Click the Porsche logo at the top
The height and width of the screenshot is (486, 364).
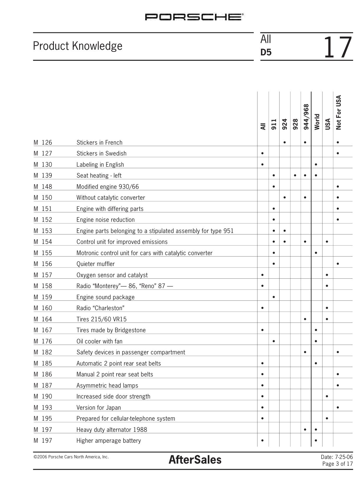coord(194,17)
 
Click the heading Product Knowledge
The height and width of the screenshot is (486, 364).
coord(78,46)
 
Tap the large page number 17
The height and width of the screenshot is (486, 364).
coord(338,47)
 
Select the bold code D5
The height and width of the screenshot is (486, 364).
coord(266,52)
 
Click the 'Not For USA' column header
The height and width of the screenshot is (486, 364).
coord(338,112)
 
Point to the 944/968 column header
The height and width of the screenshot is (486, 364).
coord(306,117)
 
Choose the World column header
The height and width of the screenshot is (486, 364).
coord(317,122)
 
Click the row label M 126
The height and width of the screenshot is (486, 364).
coord(43,143)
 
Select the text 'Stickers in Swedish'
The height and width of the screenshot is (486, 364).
coord(101,153)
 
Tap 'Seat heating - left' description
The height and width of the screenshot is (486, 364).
coord(99,176)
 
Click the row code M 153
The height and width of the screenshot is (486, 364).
coord(43,231)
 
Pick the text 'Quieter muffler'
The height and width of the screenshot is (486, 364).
coord(95,264)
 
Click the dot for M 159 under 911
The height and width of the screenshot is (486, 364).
coord(274,297)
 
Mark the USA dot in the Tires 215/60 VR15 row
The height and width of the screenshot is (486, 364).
coord(327,319)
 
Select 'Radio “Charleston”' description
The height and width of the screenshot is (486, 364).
coord(100,308)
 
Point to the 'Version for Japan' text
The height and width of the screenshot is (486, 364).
coord(99,408)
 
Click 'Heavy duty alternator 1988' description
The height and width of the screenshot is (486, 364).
coord(112,430)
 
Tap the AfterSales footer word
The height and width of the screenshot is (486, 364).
coord(195,460)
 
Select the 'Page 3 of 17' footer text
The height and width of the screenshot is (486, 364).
coord(337,464)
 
